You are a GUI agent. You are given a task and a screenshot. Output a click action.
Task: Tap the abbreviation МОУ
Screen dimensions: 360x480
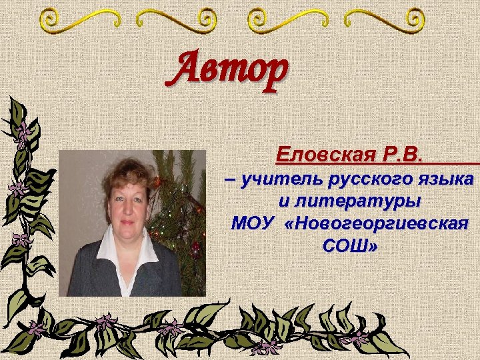253,223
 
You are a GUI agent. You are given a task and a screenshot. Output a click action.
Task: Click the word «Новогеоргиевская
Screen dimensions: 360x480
377,223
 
